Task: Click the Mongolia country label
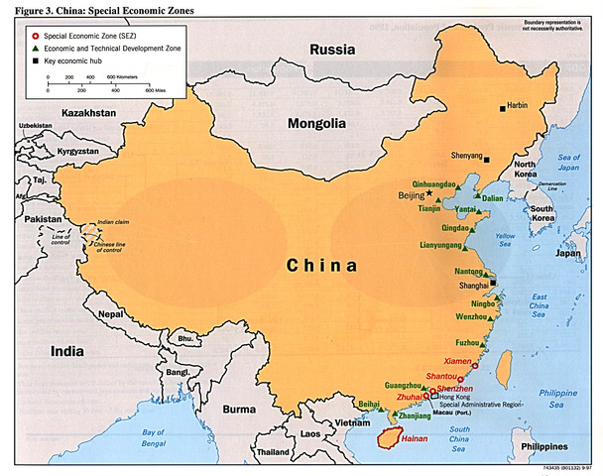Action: coord(316,124)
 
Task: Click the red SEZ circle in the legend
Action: coord(36,35)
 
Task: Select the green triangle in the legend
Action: coord(36,47)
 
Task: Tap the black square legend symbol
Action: coord(36,59)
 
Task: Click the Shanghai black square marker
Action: coord(480,282)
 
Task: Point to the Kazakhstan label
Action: coord(89,114)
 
